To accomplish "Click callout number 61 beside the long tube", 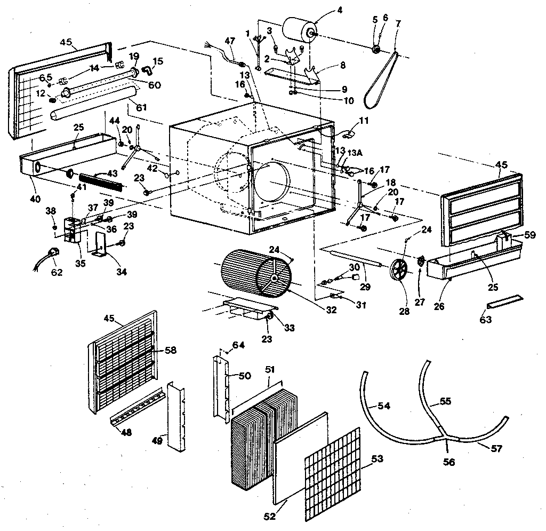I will click(x=141, y=108).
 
